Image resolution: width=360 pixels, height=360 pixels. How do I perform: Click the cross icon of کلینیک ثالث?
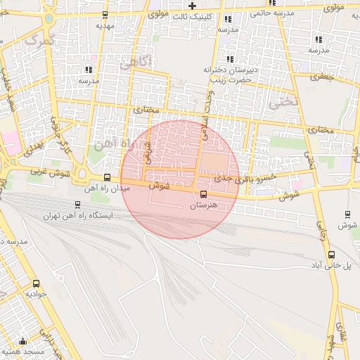(x=192, y=6)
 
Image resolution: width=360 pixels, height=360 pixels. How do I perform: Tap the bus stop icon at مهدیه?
(x=105, y=14)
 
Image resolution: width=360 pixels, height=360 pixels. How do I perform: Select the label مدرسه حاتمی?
(x=270, y=12)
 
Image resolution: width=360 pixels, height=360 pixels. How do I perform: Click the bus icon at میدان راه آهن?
(x=107, y=178)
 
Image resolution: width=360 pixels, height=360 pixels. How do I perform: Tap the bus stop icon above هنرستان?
(x=204, y=194)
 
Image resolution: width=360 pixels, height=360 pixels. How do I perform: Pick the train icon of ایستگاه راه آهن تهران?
(x=77, y=205)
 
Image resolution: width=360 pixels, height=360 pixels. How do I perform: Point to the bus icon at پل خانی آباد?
(x=332, y=255)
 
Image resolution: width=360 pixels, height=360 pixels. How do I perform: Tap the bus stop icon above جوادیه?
(x=36, y=283)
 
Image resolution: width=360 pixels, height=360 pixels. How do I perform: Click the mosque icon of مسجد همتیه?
(x=23, y=340)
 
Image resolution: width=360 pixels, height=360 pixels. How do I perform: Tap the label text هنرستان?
(x=205, y=206)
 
